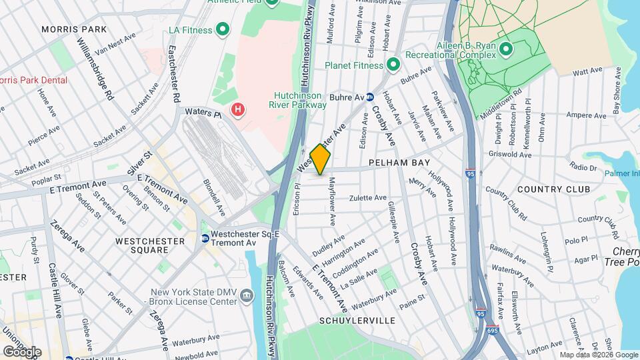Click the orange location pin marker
tap(321, 159)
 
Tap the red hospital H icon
tap(237, 109)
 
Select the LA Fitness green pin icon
tap(223, 30)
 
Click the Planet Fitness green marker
tap(393, 65)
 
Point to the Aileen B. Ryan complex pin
tap(505, 49)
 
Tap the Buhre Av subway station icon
tap(369, 97)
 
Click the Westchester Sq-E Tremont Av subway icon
tap(205, 239)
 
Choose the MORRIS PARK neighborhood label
tap(73, 29)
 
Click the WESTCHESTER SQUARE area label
tap(141, 245)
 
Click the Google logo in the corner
tap(22, 351)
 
